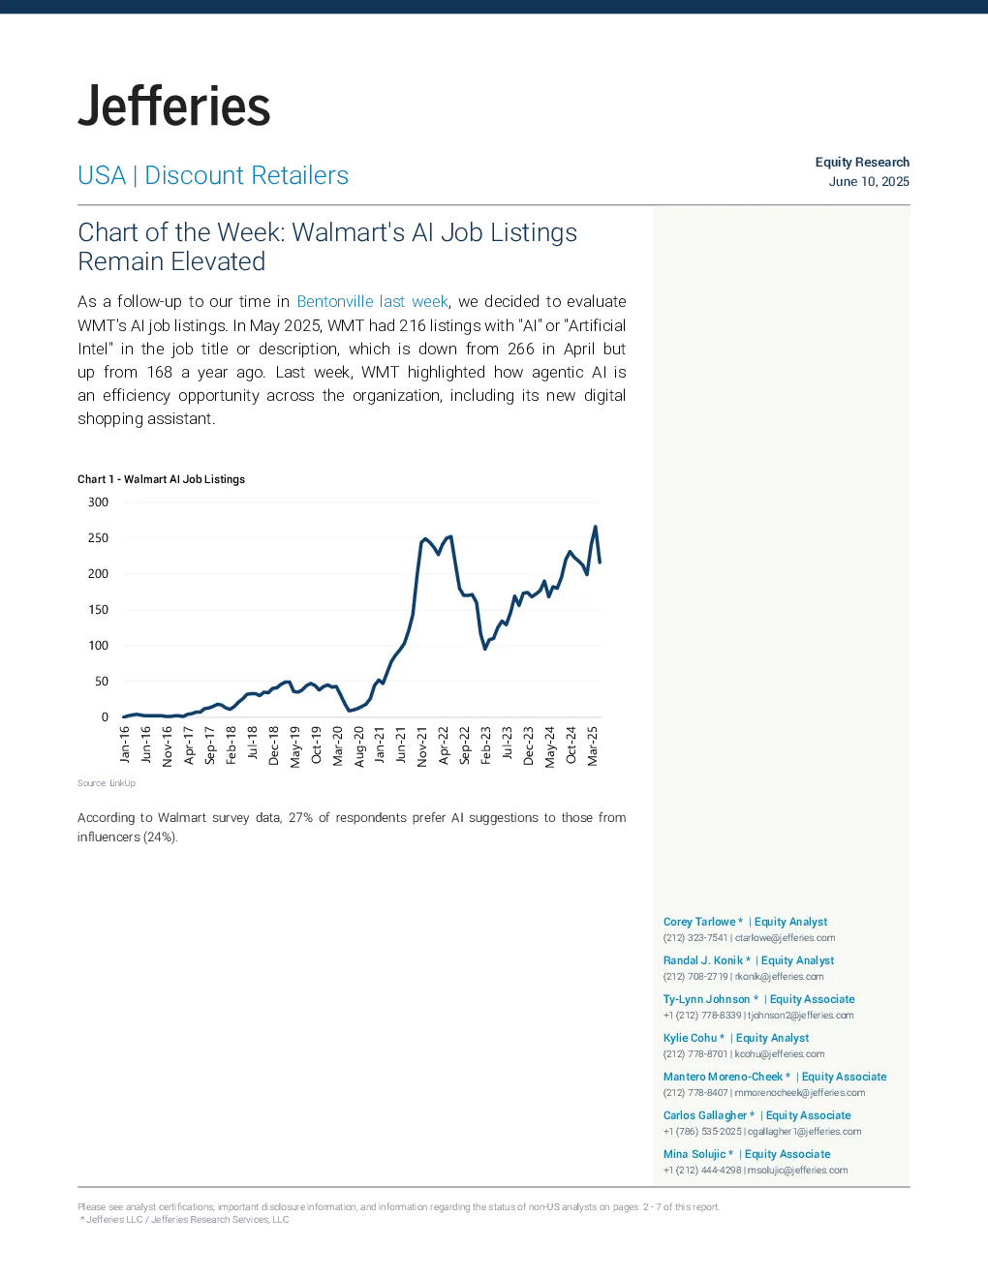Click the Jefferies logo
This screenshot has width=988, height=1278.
coord(173,106)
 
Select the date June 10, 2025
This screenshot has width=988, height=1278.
coord(869,182)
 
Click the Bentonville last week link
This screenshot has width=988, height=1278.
coord(373,302)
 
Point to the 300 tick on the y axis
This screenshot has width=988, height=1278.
coord(98,502)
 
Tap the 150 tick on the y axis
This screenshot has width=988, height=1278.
coord(98,610)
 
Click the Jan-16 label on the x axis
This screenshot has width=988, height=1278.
coord(125,745)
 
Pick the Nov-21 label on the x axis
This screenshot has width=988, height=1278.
coord(422,746)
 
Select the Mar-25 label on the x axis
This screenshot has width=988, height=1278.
coord(592,746)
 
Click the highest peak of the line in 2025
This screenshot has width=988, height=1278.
coord(595,527)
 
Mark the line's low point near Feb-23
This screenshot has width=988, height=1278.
coord(485,649)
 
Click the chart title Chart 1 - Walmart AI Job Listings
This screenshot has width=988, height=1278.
coord(161,479)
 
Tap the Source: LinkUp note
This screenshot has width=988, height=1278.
coord(107,783)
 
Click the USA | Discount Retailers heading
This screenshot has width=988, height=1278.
coord(213,175)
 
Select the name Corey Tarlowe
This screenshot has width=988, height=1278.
coord(699,922)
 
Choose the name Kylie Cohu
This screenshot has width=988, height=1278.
coord(690,1038)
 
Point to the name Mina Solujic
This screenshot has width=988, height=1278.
coord(695,1154)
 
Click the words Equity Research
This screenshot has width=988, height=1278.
coord(862,163)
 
